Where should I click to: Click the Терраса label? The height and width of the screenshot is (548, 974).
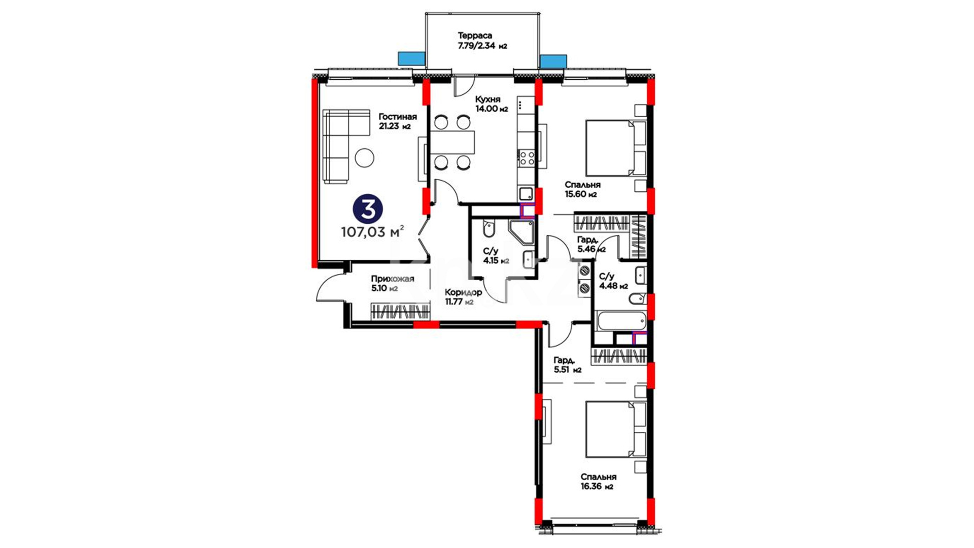[475, 36]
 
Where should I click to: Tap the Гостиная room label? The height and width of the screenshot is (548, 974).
[398, 117]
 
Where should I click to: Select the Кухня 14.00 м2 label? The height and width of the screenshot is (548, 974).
[491, 104]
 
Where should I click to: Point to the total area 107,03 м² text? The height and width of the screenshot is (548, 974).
[372, 232]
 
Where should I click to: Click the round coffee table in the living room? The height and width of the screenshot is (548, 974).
[364, 158]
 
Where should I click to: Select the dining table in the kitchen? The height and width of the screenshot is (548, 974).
[453, 142]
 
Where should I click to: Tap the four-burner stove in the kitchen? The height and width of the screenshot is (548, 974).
[527, 158]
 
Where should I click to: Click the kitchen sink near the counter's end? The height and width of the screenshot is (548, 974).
[526, 193]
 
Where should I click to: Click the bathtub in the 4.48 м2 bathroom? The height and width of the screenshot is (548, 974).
[622, 321]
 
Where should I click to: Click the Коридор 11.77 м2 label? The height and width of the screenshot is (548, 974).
[463, 297]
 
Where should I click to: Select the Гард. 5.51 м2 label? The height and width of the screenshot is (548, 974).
[568, 365]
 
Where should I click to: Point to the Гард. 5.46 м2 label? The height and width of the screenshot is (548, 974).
[592, 244]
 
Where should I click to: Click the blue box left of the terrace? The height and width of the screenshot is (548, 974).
[411, 59]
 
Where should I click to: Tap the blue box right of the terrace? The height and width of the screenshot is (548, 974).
[553, 61]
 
